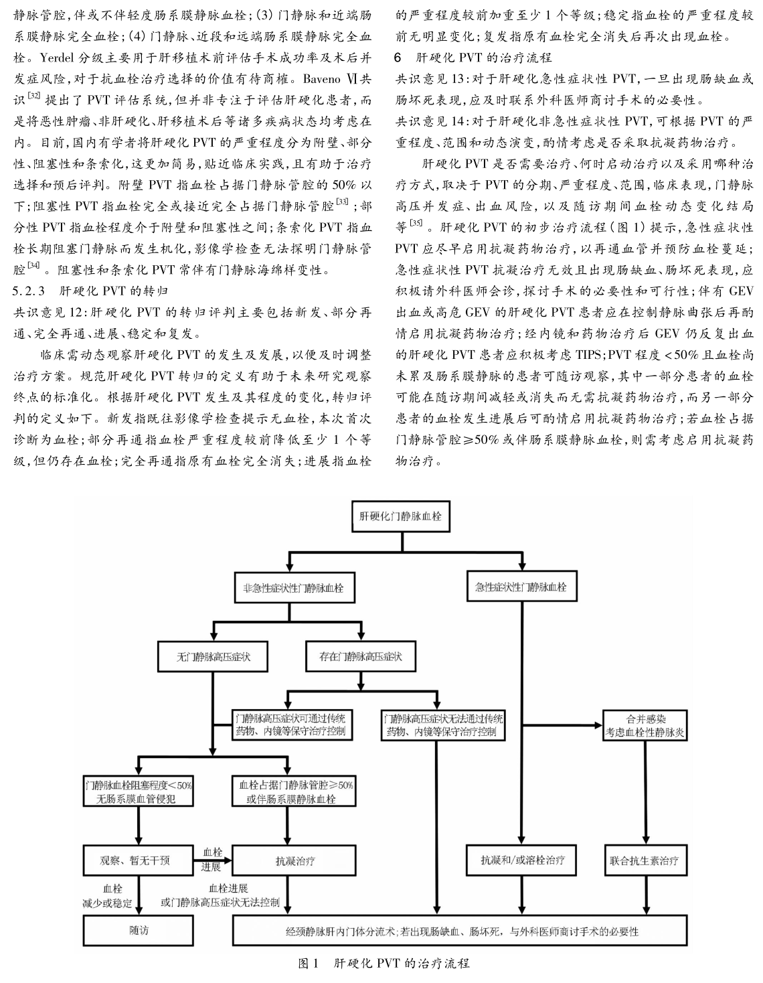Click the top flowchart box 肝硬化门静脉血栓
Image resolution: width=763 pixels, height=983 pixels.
(400, 516)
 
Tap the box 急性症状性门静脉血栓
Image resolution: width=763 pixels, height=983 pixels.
(521, 587)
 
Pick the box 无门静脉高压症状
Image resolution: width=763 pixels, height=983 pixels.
(213, 657)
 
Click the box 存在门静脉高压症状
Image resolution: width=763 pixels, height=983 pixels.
(361, 657)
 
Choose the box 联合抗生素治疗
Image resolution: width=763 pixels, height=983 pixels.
(645, 860)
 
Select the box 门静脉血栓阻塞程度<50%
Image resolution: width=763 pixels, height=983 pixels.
(139, 791)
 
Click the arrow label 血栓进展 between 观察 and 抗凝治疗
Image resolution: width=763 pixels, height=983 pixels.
(212, 859)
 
